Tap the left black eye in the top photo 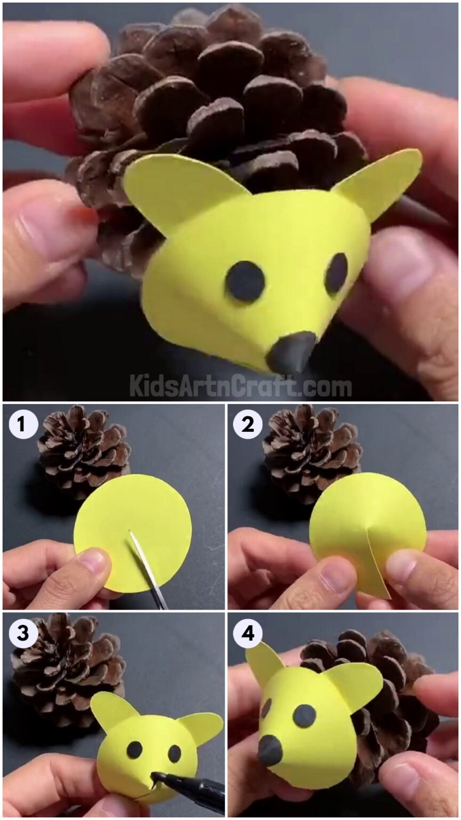tap(245, 282)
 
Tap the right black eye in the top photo tap(336, 273)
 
